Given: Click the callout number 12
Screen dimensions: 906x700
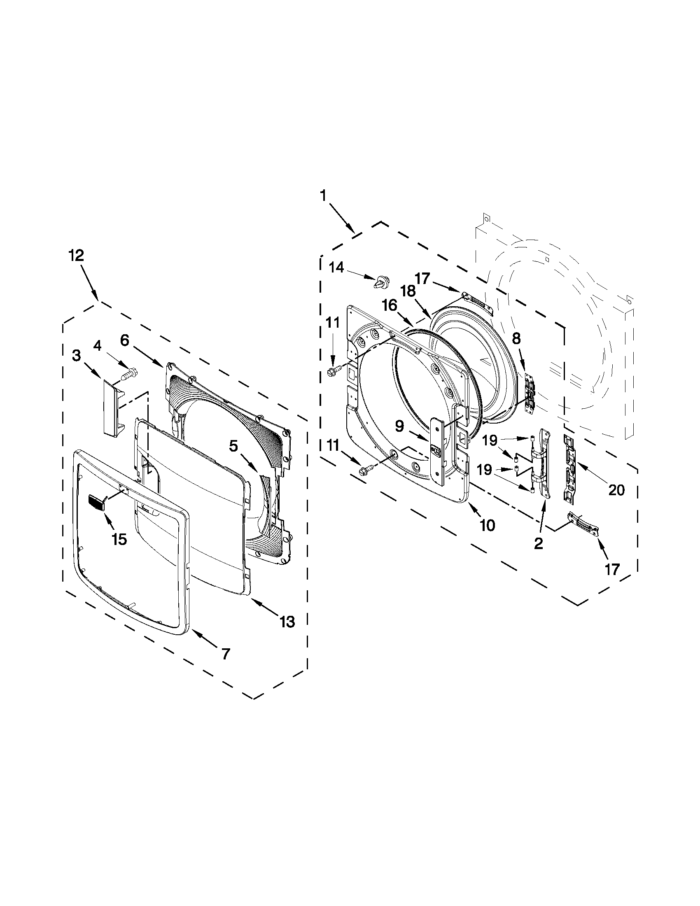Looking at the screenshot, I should pos(76,255).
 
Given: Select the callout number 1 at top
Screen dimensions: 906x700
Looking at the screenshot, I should pos(323,196).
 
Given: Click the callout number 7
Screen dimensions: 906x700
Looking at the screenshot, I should pos(225,654).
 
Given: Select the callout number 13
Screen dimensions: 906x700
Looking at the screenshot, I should pos(287,622).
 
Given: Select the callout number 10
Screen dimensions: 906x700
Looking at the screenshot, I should pos(487,525).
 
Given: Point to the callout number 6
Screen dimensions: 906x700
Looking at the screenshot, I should pos(124,340).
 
